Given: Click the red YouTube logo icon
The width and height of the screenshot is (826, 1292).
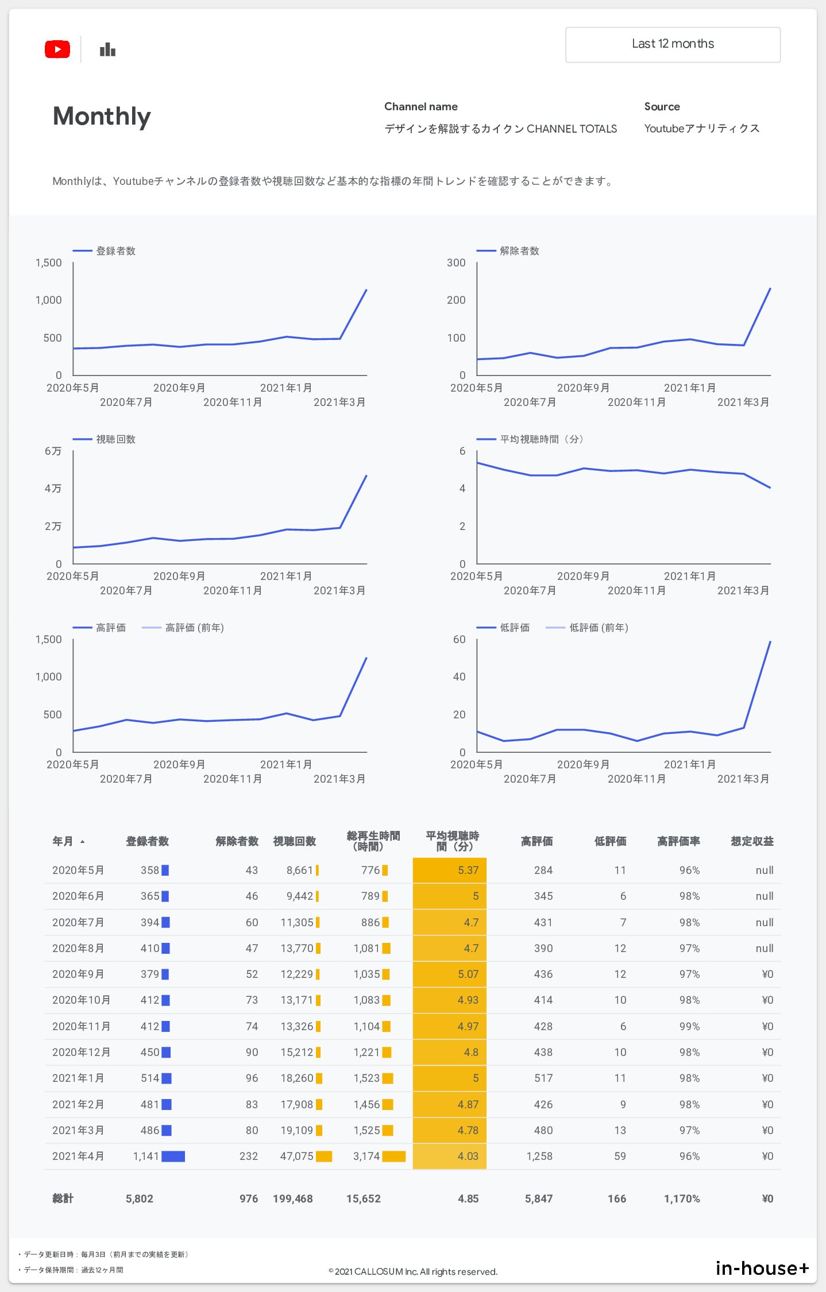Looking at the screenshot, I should [57, 49].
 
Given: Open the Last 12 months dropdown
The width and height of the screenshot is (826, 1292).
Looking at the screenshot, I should [673, 44].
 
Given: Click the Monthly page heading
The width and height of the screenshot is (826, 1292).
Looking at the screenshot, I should [102, 116].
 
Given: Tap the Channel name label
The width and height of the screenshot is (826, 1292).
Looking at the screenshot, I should [420, 107].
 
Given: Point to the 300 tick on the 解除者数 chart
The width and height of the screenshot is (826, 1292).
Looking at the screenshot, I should [456, 263].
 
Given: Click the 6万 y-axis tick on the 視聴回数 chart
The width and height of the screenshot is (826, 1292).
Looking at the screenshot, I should [53, 451].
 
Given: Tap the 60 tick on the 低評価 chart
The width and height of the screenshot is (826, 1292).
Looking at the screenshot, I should [459, 640].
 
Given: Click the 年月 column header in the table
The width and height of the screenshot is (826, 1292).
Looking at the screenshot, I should [63, 841].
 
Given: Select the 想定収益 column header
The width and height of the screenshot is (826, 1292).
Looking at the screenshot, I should [752, 841].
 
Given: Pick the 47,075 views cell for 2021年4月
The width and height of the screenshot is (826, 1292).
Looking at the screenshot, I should [296, 1156].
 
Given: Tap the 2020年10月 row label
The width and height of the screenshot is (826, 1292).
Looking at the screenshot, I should [81, 1000].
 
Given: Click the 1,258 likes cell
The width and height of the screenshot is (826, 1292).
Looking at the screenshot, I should [539, 1156].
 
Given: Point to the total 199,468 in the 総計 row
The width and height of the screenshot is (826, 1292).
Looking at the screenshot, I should [292, 1198].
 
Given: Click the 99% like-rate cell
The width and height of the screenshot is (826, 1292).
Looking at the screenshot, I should [689, 1026].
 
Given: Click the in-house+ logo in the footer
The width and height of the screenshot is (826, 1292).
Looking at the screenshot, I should [762, 1268].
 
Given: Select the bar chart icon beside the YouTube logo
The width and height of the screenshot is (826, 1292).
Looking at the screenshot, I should [107, 50].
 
